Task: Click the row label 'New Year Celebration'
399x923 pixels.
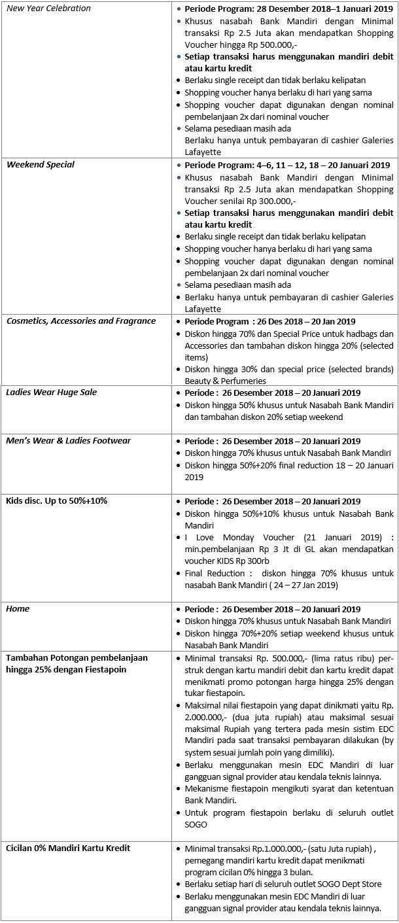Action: pyautogui.click(x=49, y=9)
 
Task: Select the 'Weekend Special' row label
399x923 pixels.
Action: pyautogui.click(x=41, y=165)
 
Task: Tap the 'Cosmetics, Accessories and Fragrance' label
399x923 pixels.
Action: pyautogui.click(x=81, y=321)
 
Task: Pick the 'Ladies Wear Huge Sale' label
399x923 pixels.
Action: pyautogui.click(x=50, y=392)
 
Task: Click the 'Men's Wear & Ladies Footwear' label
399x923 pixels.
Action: pyautogui.click(x=69, y=441)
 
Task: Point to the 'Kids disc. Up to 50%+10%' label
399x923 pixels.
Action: pyautogui.click(x=57, y=501)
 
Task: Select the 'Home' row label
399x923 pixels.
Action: pyautogui.click(x=18, y=609)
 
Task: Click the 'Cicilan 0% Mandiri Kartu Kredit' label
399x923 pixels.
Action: pyautogui.click(x=68, y=848)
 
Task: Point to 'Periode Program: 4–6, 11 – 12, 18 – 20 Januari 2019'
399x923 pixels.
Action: pyautogui.click(x=287, y=165)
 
